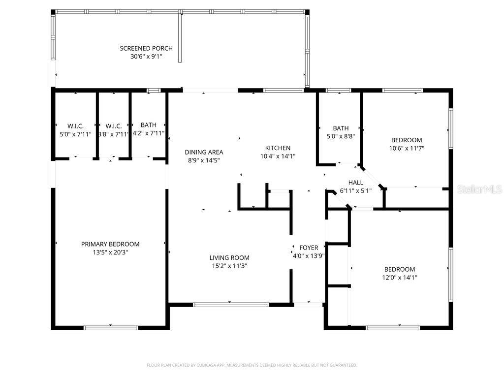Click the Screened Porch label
tap(146, 48)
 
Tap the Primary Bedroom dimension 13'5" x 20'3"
tap(110, 252)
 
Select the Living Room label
tap(229, 257)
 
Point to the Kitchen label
tap(278, 148)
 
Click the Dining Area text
tap(204, 152)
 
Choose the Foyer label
tap(309, 248)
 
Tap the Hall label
tap(355, 182)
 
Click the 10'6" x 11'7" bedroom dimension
tap(407, 148)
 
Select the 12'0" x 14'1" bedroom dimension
tap(400, 277)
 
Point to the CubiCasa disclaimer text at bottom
tap(252, 365)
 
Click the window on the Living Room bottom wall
tap(231, 305)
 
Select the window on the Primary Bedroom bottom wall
tap(110, 327)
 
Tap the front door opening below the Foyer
tap(308, 305)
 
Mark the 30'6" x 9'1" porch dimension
tap(146, 57)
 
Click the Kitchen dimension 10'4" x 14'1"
tap(278, 156)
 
